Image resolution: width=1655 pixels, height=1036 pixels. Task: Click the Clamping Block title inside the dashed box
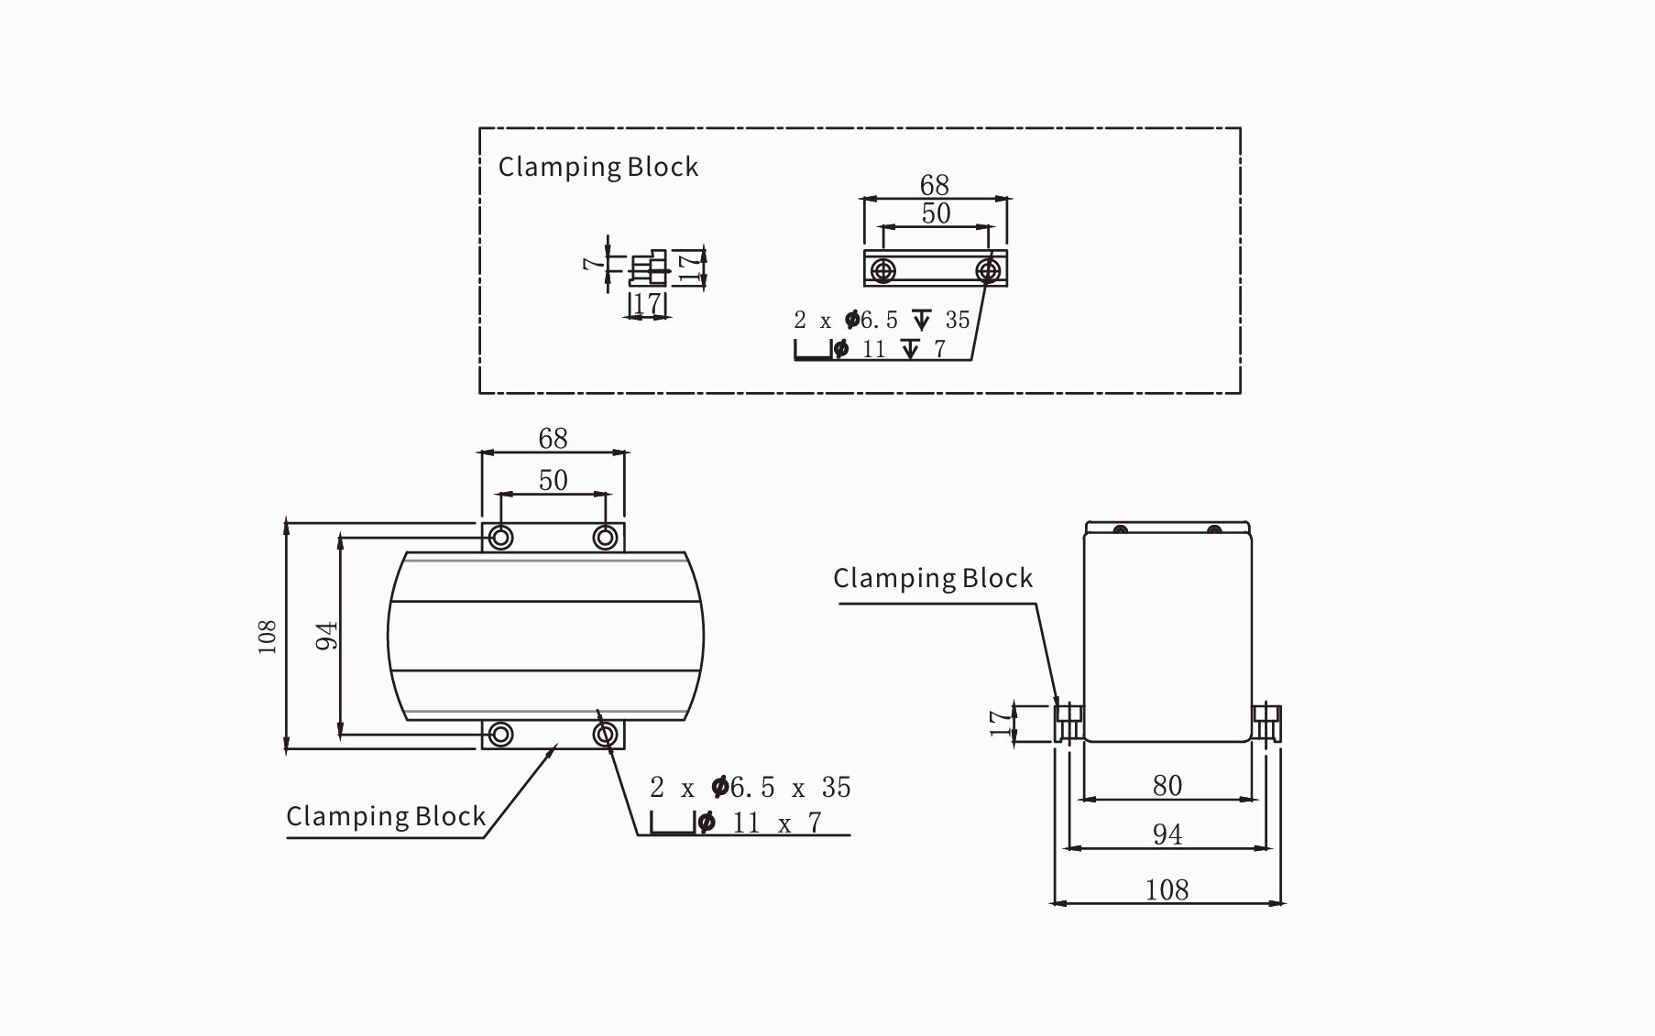(x=597, y=168)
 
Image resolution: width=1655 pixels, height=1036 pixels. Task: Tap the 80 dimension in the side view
(x=1167, y=785)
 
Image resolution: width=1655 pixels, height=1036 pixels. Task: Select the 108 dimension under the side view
(x=1167, y=889)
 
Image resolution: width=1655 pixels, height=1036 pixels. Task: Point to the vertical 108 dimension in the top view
(x=268, y=637)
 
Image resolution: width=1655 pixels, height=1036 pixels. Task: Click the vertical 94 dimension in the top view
(x=327, y=636)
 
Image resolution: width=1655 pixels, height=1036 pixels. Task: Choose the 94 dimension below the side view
(x=1167, y=834)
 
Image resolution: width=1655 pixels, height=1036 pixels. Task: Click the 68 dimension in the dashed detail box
(x=935, y=185)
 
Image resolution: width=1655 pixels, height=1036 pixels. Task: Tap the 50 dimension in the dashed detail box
(x=936, y=213)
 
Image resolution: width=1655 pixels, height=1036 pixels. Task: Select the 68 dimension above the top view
(x=553, y=439)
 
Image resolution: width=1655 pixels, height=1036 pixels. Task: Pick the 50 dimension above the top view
(x=553, y=480)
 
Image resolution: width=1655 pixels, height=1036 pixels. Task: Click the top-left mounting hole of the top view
(x=500, y=537)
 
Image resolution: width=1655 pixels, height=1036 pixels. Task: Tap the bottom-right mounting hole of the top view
(x=605, y=734)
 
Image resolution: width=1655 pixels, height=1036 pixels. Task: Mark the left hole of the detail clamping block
(x=883, y=270)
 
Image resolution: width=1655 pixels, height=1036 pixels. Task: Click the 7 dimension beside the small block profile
(x=594, y=263)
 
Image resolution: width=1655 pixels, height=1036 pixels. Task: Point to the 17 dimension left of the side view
(x=999, y=724)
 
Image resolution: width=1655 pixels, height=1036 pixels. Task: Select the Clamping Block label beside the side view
(x=932, y=579)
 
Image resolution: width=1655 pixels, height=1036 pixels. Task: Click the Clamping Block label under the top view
(x=386, y=817)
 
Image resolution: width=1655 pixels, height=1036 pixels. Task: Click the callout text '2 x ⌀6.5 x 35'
(x=751, y=788)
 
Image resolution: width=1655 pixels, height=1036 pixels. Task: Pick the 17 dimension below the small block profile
(x=647, y=303)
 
